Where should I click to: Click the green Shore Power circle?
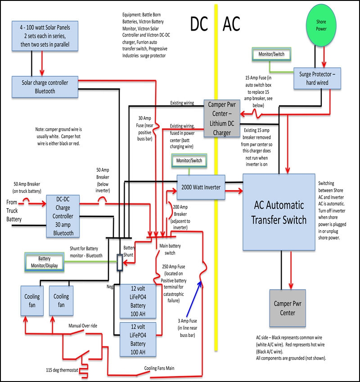pyautogui.click(x=321, y=26)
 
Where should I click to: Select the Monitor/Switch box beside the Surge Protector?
pyautogui.click(x=271, y=54)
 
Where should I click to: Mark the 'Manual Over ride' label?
pyautogui.click(x=82, y=325)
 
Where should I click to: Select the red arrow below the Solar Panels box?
pyautogui.click(x=43, y=65)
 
